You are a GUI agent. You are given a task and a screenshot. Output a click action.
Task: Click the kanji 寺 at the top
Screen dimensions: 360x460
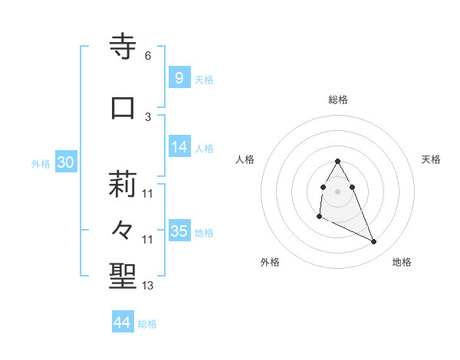coord(123,47)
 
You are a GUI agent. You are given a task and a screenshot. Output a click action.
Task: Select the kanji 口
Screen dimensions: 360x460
coord(123,108)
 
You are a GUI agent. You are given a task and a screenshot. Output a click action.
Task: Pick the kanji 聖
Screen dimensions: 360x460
coord(123,277)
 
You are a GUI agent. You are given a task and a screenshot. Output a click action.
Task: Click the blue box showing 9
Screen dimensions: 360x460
coord(179,77)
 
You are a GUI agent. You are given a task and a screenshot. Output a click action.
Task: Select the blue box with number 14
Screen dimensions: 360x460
coord(179,147)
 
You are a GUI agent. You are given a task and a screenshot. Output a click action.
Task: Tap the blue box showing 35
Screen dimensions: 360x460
coord(179,231)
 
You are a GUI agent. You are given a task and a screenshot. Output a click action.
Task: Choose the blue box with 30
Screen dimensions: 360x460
coord(66,162)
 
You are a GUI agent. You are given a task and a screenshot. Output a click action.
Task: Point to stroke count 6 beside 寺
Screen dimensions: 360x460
coord(148,56)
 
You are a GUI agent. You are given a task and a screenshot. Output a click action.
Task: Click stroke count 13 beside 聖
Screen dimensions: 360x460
coord(148,286)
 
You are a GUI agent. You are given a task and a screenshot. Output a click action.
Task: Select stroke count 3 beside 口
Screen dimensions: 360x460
coord(148,117)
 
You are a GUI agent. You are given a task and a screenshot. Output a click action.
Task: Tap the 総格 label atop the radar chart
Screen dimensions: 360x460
coord(338,100)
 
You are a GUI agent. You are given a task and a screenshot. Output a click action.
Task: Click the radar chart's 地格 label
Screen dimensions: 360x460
coord(402,263)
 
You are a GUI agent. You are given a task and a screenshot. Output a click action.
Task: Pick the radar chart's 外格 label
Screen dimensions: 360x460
coord(270,263)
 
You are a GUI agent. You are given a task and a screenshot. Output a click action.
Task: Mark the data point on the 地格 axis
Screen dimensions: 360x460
coord(374,242)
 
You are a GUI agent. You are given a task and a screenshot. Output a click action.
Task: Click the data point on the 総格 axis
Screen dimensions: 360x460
coord(338,162)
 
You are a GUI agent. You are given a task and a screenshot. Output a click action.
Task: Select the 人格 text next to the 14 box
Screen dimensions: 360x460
coord(204,149)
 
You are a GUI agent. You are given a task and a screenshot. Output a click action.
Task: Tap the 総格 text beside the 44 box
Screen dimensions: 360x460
coord(148,324)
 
